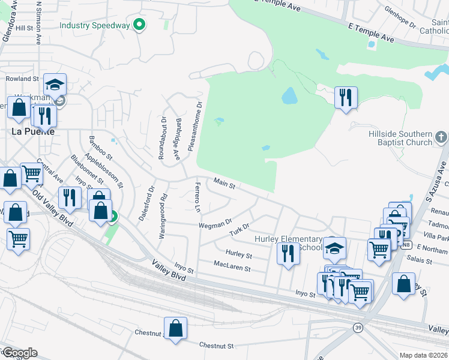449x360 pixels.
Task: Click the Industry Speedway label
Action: pos(95,25)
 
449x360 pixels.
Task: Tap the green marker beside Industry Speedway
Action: pos(139,25)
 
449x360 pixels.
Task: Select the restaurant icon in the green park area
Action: pos(346,98)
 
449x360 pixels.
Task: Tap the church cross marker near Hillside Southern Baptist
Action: pos(441,137)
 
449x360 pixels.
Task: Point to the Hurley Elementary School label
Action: pos(289,243)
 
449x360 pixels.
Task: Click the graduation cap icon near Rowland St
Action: pos(55,85)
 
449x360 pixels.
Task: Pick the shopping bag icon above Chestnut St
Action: pos(175,329)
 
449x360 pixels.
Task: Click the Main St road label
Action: pos(224,183)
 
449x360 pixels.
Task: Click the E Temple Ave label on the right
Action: pos(371,32)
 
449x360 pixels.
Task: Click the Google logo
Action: pos(20,353)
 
